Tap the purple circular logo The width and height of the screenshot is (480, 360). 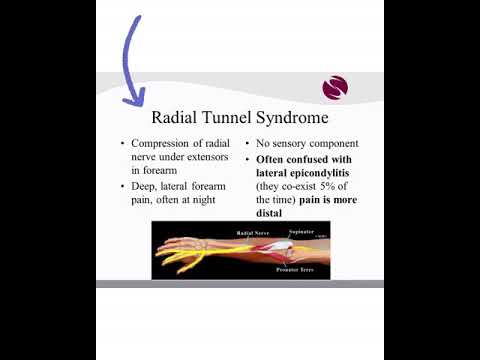pyautogui.click(x=336, y=88)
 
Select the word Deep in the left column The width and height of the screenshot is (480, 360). pyautogui.click(x=144, y=186)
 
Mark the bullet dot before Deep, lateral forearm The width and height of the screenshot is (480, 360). pyautogui.click(x=123, y=187)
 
